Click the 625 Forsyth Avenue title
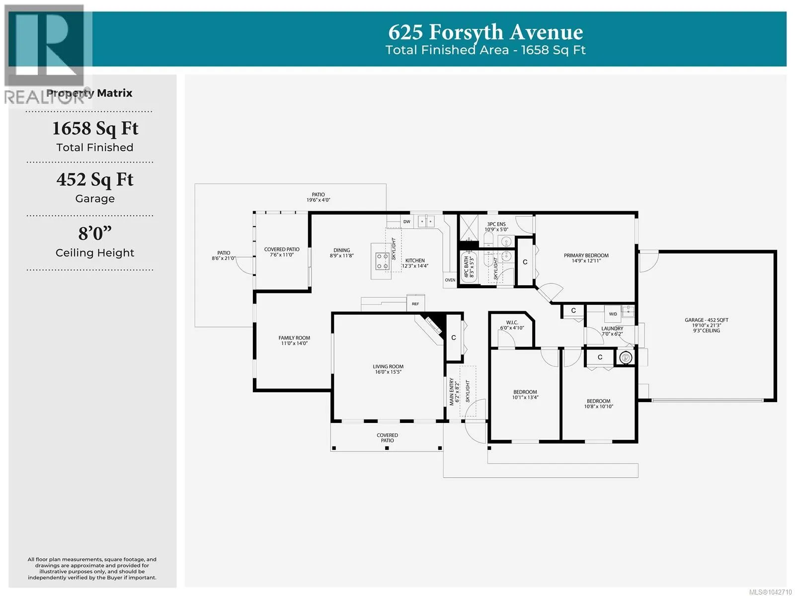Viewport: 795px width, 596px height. click(x=485, y=32)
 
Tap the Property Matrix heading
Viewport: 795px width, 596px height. click(x=89, y=93)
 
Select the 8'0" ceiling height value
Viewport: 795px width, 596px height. click(x=95, y=233)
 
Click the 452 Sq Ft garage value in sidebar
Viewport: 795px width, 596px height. click(x=95, y=179)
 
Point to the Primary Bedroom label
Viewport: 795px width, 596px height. click(x=586, y=255)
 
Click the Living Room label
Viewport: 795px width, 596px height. click(x=388, y=367)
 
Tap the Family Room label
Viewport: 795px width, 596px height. click(x=294, y=338)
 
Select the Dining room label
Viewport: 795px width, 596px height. click(x=341, y=251)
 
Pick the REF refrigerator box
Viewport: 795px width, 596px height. click(x=415, y=303)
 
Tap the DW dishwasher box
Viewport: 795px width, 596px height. click(x=407, y=221)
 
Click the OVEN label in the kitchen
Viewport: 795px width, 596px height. click(x=450, y=280)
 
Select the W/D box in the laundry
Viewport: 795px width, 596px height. click(x=613, y=314)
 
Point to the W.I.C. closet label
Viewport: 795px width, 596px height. click(x=512, y=323)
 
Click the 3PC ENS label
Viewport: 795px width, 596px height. click(x=496, y=224)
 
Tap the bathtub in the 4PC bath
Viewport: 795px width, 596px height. click(x=469, y=266)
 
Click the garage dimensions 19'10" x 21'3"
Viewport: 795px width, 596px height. click(x=706, y=326)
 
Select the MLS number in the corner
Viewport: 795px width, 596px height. click(x=770, y=592)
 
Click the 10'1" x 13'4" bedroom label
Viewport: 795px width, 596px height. click(x=525, y=398)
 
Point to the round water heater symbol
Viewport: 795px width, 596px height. click(x=626, y=357)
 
